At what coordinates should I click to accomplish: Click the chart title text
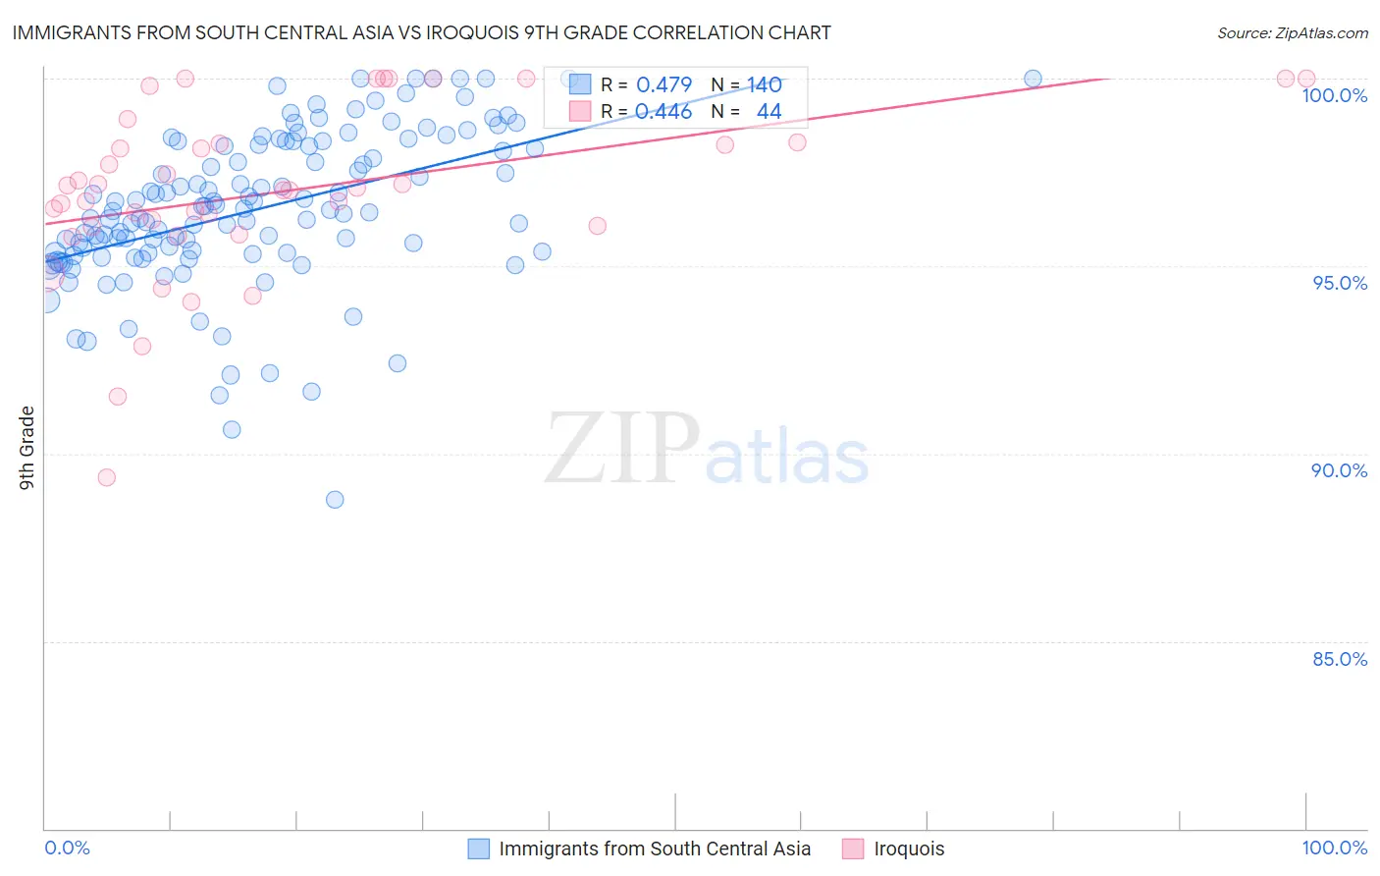421,32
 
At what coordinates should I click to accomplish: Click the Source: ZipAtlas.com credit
1292,32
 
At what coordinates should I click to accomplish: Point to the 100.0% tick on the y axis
1334,95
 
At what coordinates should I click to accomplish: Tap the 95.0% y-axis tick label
1339,283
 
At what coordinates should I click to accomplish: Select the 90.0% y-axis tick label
1339,470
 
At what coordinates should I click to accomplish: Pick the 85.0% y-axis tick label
1339,659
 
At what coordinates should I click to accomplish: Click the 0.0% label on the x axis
67,848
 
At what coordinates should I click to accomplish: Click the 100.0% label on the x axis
1334,848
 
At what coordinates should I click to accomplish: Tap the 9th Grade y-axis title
27,447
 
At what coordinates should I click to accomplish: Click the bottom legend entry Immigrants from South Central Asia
655,849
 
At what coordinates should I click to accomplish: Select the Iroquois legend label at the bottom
909,849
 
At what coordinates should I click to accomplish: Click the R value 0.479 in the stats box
663,85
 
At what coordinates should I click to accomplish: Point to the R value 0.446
663,112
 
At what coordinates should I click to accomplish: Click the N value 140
764,85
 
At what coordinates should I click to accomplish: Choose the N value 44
769,112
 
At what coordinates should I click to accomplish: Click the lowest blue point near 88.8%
335,500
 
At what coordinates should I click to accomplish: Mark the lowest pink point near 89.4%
107,477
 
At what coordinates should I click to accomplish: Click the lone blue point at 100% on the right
1033,79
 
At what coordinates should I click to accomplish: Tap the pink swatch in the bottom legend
853,849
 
